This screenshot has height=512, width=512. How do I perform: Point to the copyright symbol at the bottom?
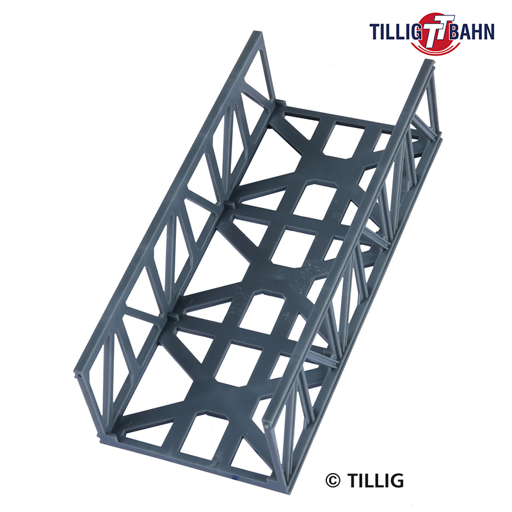333,481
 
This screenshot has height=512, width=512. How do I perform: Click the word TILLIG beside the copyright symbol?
375,481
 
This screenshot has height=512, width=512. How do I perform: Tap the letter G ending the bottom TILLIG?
397,481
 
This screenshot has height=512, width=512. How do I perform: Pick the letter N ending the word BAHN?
489,31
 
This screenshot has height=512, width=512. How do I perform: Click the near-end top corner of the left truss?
77,372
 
